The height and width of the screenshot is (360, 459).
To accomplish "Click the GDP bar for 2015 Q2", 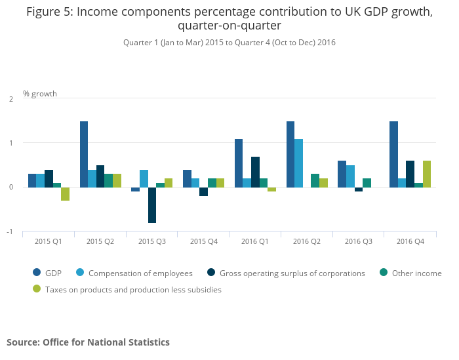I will (x=84, y=154).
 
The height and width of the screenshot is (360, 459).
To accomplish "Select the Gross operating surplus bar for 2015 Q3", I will (x=152, y=205).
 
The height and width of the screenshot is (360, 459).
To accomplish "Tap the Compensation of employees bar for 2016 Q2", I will (x=298, y=163).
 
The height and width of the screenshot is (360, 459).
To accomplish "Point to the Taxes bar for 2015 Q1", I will (x=65, y=193).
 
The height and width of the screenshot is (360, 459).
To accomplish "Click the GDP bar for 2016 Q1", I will (x=239, y=163).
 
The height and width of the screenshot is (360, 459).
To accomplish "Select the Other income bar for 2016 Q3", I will (x=367, y=182).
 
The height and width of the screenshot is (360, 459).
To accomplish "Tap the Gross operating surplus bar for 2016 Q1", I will (x=255, y=172).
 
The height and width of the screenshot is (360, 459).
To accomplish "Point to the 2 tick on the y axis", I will (x=10, y=98).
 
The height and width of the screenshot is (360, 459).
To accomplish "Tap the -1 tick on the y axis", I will (x=10, y=231).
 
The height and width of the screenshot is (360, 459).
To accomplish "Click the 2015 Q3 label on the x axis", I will (x=151, y=242).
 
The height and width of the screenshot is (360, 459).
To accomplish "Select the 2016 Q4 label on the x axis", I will (x=410, y=242).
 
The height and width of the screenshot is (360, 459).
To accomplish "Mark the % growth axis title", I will (x=40, y=93).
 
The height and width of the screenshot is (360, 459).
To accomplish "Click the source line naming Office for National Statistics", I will (x=88, y=342).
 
